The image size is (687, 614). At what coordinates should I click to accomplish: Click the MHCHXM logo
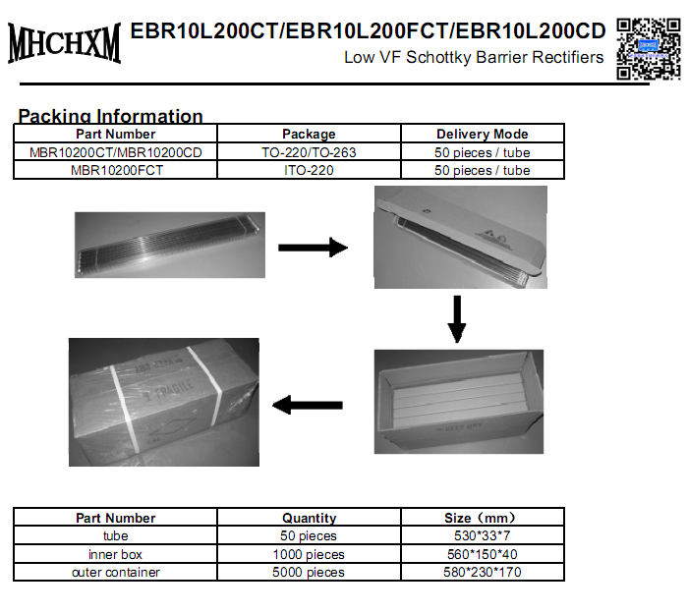click(64, 44)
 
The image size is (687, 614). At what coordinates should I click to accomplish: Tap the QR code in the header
click(648, 47)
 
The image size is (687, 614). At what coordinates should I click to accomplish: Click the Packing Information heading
click(110, 116)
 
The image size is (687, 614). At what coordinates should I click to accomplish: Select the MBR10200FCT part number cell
click(116, 170)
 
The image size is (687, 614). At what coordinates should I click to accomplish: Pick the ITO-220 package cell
click(309, 170)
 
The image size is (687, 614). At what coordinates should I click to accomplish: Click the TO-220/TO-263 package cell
click(309, 152)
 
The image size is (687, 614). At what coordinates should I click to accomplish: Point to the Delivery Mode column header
click(482, 134)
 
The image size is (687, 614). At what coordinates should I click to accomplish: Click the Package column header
click(309, 134)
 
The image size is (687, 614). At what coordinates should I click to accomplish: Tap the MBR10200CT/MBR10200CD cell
click(116, 152)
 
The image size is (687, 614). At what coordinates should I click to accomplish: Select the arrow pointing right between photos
click(313, 248)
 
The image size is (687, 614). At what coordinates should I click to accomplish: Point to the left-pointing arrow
click(307, 404)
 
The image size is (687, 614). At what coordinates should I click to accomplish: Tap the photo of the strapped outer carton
click(163, 402)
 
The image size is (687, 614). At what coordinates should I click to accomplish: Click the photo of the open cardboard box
click(458, 402)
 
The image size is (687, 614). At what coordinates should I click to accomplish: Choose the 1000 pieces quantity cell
click(309, 554)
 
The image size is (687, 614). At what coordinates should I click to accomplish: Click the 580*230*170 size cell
click(482, 572)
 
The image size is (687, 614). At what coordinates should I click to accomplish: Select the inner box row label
click(116, 554)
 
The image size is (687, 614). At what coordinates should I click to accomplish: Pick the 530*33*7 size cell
click(482, 536)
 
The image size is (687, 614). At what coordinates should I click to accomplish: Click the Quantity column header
click(309, 518)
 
